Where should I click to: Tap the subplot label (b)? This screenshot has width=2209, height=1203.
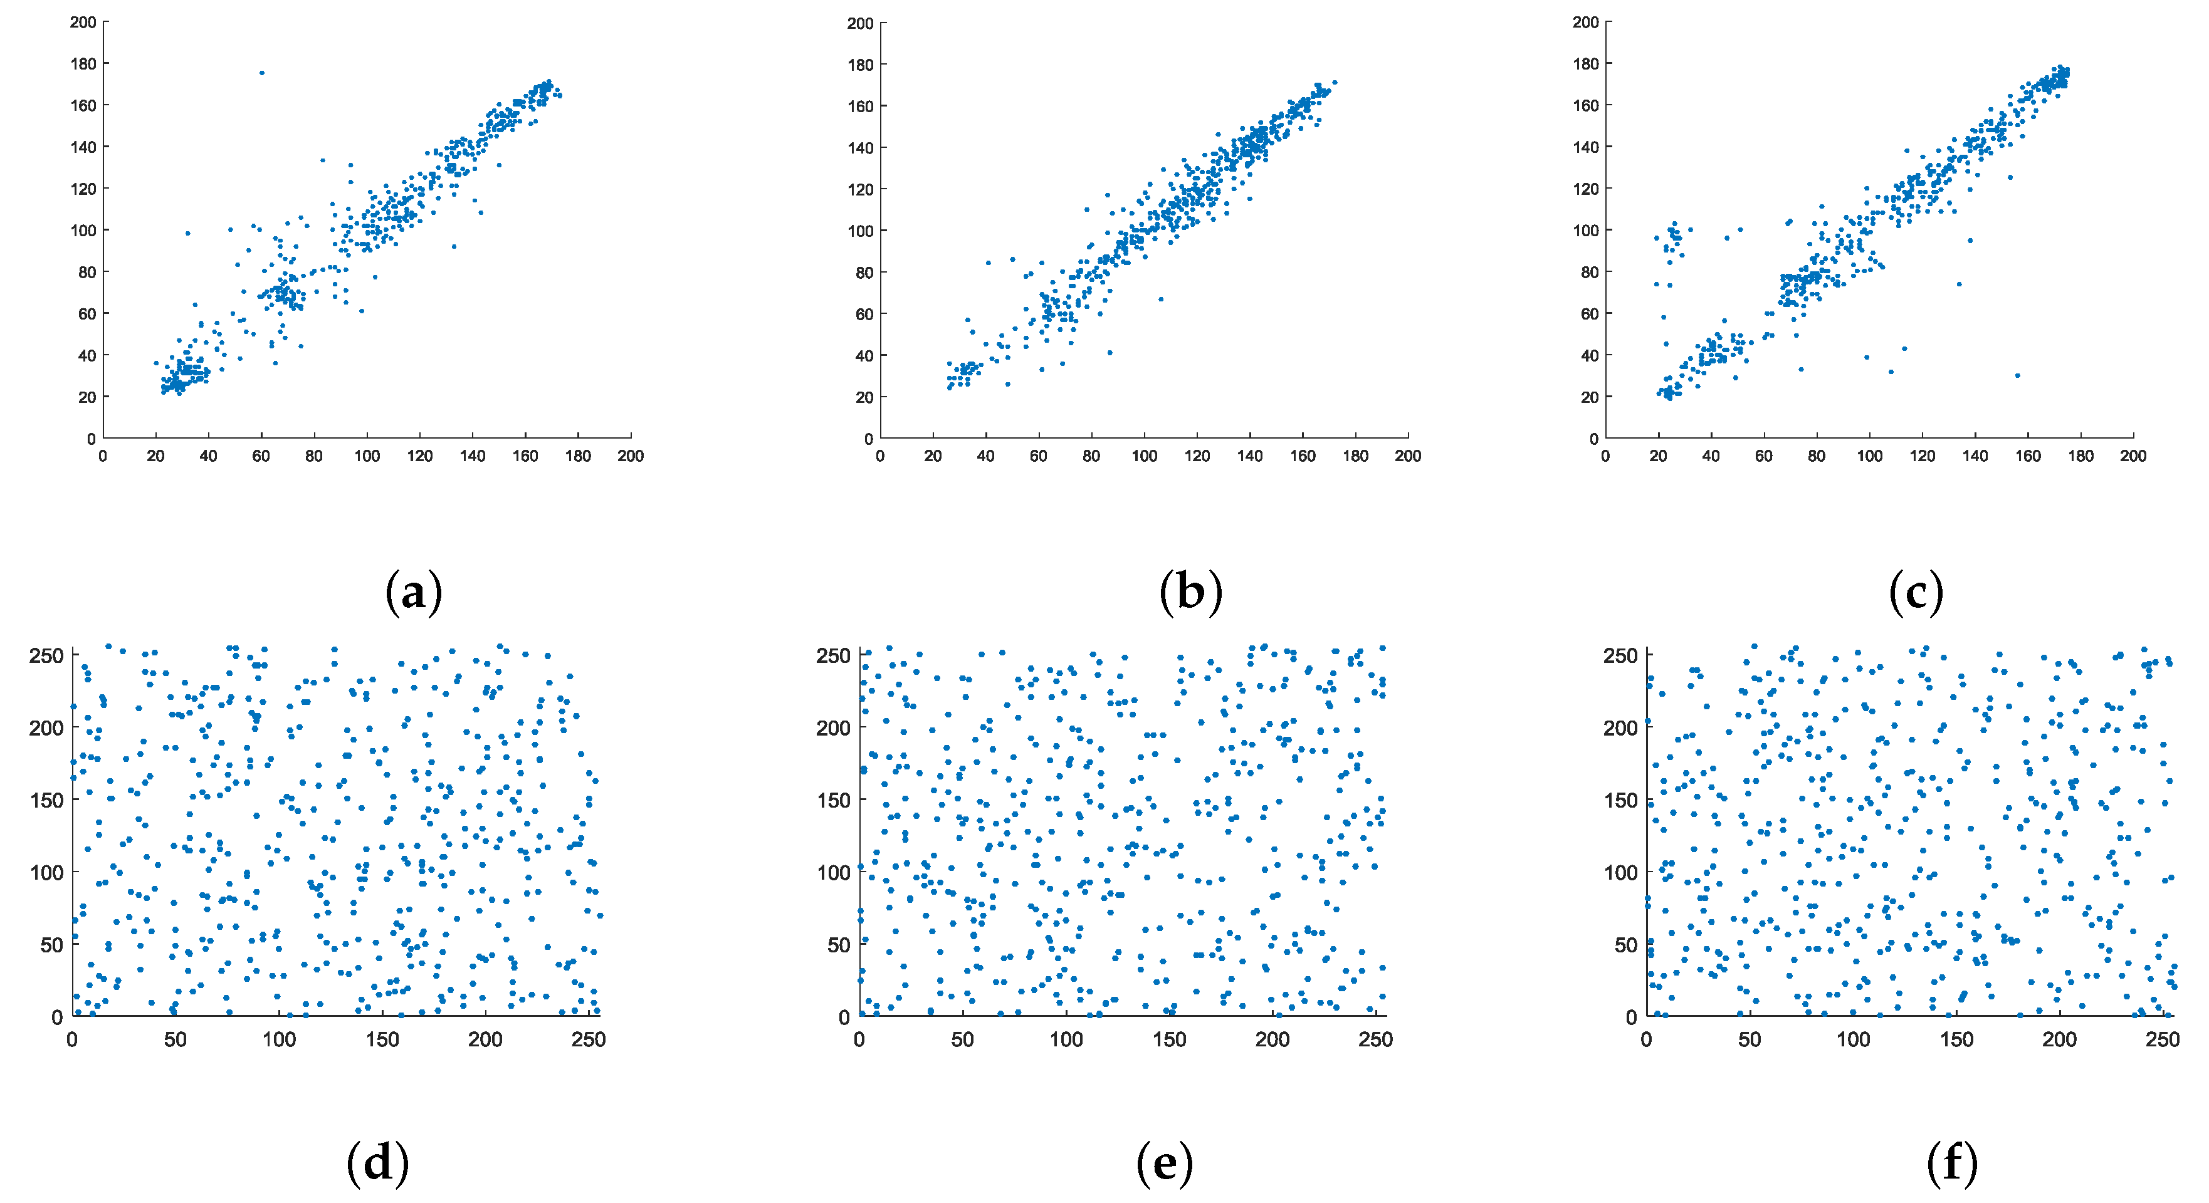tap(1190, 591)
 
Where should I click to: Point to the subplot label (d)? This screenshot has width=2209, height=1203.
tap(377, 1163)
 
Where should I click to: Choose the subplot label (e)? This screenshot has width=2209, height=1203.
tap(1165, 1163)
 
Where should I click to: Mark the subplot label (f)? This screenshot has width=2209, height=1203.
tap(1953, 1163)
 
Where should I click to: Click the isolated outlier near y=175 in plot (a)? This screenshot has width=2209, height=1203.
tap(261, 73)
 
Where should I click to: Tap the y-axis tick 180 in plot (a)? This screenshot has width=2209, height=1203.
tap(83, 63)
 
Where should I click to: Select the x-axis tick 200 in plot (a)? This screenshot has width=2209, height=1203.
tap(630, 456)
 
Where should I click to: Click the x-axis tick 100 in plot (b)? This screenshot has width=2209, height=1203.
tap(1144, 456)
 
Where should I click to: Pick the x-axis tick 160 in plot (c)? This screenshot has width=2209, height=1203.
tap(2028, 456)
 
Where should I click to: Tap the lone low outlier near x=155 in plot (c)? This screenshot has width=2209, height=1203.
tap(2017, 375)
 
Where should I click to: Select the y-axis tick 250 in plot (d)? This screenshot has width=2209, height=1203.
tap(46, 656)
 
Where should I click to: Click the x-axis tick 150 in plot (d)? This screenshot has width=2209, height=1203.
tap(382, 1040)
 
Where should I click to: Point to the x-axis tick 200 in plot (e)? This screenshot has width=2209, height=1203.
tap(1272, 1040)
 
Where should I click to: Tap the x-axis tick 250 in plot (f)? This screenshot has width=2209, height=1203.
tap(2163, 1040)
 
